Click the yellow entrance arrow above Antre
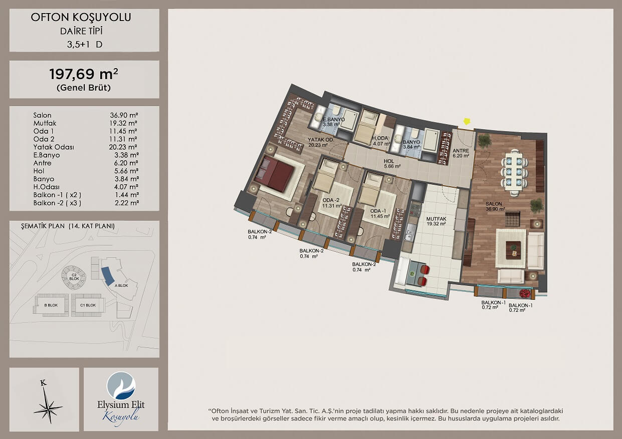[x=467, y=122]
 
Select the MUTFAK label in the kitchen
[x=436, y=219]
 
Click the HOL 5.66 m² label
[x=392, y=164]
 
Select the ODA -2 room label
[x=331, y=200]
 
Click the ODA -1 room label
[x=378, y=211]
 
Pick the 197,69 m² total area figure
[x=84, y=74]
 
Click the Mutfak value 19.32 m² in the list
[x=123, y=123]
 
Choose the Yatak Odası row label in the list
[x=54, y=147]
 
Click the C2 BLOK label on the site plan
[x=74, y=277]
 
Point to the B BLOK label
[x=51, y=305]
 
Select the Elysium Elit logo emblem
[x=121, y=386]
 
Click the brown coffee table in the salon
[x=513, y=250]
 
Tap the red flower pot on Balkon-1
[x=525, y=293]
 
